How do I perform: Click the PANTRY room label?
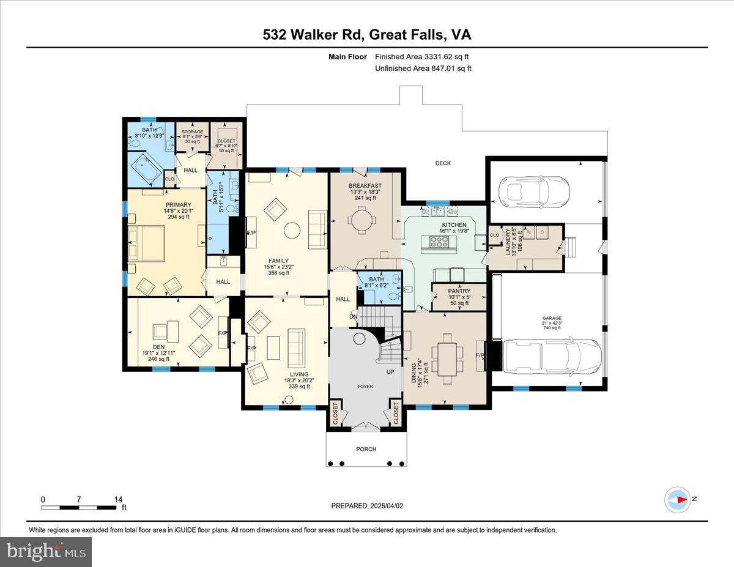click(x=459, y=291)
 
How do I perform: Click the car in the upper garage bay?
click(x=535, y=191)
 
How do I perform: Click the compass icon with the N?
click(x=678, y=500)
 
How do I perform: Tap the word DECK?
click(x=443, y=163)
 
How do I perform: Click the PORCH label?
click(x=366, y=449)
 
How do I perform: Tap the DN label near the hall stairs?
click(x=353, y=316)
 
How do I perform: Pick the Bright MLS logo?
click(x=46, y=552)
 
